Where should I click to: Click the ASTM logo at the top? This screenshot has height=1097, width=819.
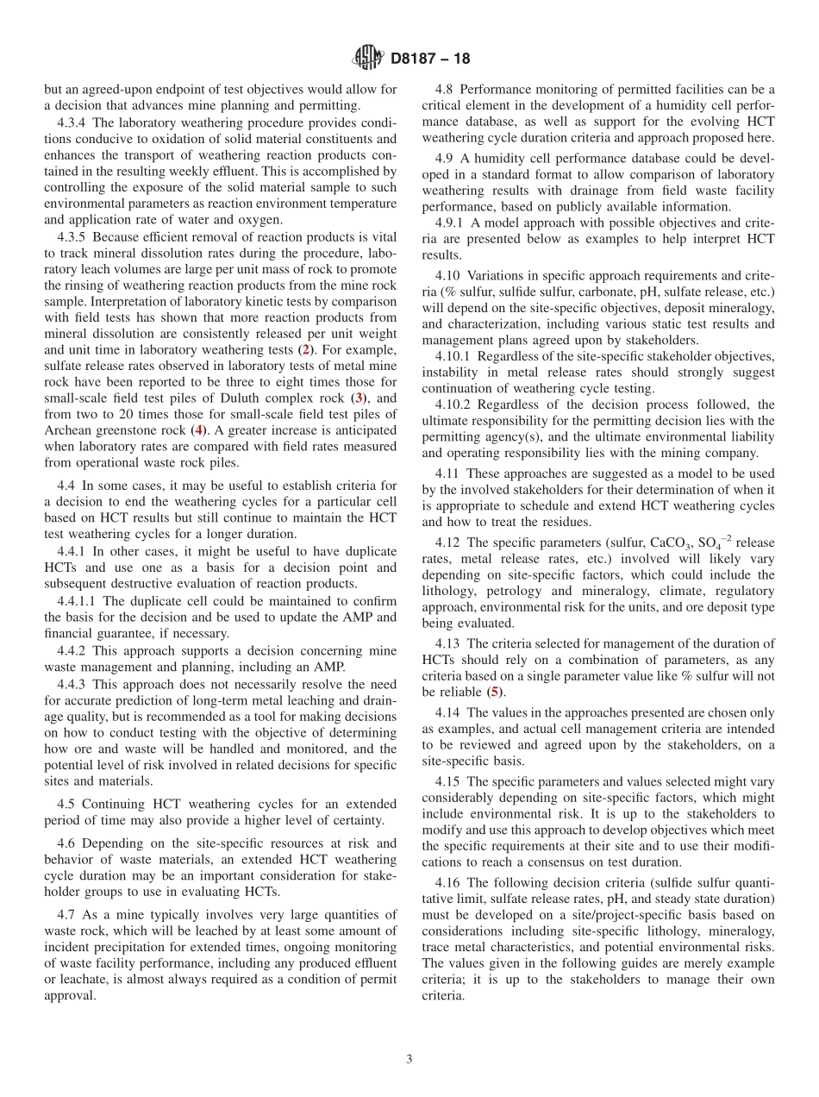[368, 59]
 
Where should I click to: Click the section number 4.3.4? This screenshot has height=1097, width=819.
[73, 122]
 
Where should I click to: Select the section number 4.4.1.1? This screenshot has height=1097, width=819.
[78, 600]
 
